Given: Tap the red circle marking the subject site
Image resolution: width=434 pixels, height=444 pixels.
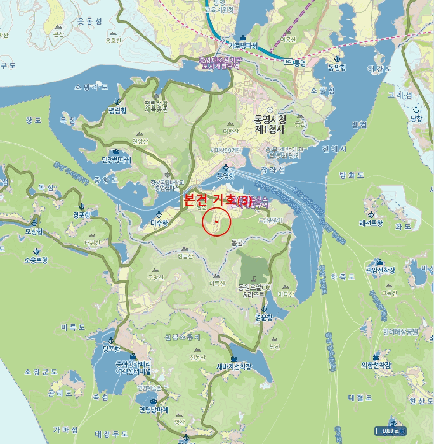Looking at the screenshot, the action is click(x=216, y=221).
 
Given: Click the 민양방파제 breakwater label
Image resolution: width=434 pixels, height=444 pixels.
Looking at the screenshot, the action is click(x=116, y=160).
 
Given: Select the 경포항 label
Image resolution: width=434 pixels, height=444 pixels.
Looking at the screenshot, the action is click(x=82, y=214).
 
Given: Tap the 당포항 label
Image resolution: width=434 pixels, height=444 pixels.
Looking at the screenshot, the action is click(x=111, y=348).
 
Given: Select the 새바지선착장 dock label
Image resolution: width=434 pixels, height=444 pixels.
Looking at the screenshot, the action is click(x=234, y=366).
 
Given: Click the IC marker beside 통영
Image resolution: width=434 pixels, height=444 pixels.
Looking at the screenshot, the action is click(x=288, y=62).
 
